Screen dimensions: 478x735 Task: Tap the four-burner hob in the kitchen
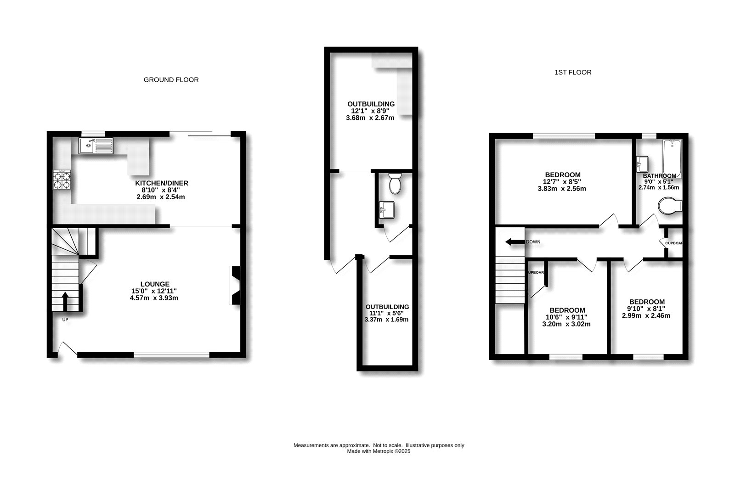tap(62, 180)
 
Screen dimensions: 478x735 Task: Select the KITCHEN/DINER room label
tap(161, 183)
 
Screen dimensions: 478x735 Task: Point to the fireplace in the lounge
tap(235, 285)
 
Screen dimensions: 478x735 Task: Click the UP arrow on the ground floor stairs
tap(65, 301)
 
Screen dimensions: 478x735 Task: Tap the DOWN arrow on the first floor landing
tap(514, 242)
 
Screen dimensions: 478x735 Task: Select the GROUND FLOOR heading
tap(171, 80)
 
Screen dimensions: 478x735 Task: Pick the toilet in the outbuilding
tap(395, 183)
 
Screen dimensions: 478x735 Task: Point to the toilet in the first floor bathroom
tap(670, 206)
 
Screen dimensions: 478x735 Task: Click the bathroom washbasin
tap(642, 163)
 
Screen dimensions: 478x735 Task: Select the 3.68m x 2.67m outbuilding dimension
tap(370, 118)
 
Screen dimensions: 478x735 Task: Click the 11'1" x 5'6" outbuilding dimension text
tap(387, 313)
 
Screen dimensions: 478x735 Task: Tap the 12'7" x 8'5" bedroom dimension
tap(562, 182)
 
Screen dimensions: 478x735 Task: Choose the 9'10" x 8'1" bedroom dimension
tap(646, 309)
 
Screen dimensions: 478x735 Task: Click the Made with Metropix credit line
tap(379, 451)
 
